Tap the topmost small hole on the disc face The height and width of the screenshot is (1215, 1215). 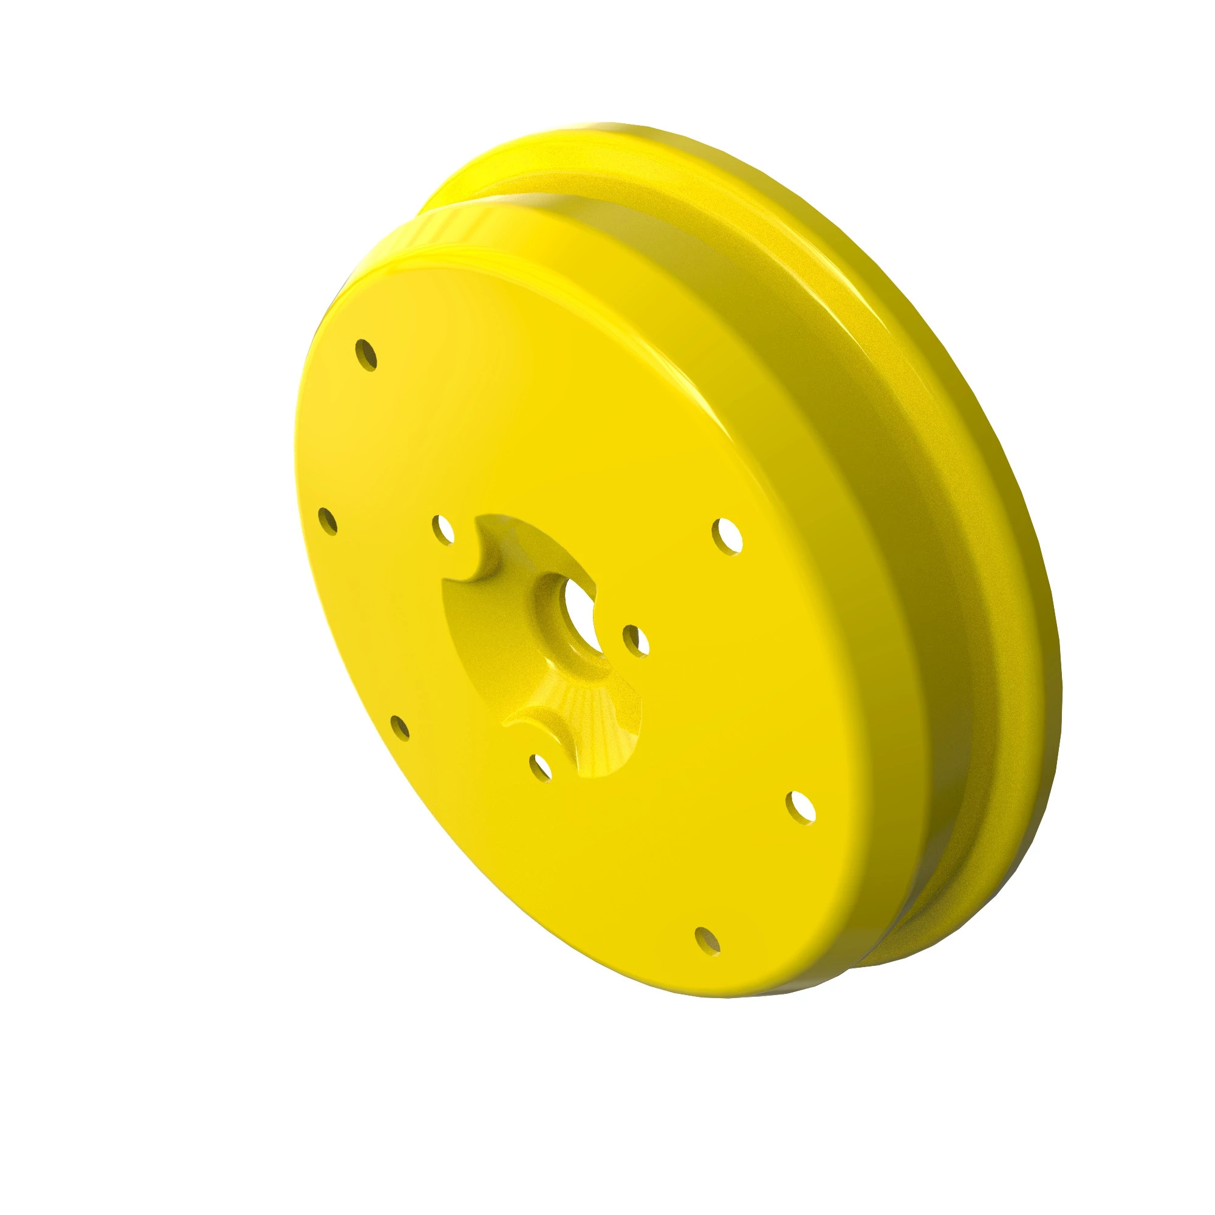366,355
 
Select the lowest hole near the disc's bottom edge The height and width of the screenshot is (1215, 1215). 708,959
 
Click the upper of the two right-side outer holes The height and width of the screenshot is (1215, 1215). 728,536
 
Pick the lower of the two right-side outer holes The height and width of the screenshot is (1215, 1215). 801,808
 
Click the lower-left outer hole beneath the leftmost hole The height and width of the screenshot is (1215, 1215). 399,727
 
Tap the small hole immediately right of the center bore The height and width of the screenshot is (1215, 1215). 636,641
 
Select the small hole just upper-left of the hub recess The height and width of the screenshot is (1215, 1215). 444,530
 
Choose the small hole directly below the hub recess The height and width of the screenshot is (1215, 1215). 540,767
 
